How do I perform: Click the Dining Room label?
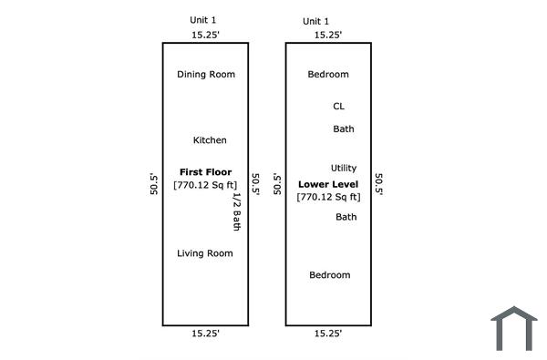[206, 75]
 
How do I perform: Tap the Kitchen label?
[210, 140]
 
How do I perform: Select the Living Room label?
[205, 253]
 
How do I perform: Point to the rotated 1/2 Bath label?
[237, 211]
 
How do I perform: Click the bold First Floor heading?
[205, 172]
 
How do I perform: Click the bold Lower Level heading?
[328, 184]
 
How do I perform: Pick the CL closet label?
[339, 106]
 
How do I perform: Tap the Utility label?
[344, 168]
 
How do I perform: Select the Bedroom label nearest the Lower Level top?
[328, 75]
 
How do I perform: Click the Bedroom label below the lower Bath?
[330, 275]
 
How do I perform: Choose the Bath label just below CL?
[344, 129]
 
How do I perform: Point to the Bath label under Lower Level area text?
[346, 217]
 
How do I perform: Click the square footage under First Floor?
[205, 185]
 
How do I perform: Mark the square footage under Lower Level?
[328, 197]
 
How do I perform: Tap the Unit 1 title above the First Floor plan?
[202, 20]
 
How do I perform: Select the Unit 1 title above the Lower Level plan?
[315, 21]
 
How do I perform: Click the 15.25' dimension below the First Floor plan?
[205, 334]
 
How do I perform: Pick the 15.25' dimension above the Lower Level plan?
[328, 35]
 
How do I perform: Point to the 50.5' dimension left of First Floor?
[154, 184]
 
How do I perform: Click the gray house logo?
[514, 329]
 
